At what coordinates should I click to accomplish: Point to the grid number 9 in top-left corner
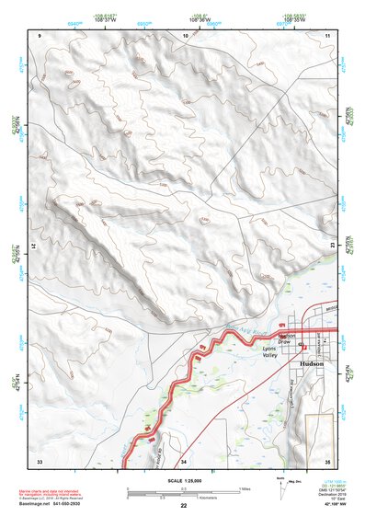click(40, 35)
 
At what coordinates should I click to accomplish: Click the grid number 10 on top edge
click(186, 35)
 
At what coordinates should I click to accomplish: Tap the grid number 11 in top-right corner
click(327, 35)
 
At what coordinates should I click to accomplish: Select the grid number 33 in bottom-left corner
click(40, 460)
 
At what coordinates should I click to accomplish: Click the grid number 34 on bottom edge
click(184, 460)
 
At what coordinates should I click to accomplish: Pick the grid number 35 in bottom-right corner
click(327, 460)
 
